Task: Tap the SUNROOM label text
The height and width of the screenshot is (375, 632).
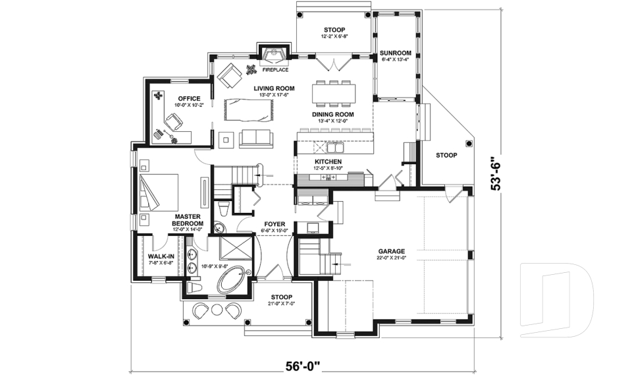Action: click(396, 53)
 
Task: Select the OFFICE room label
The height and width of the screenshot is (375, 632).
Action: click(189, 99)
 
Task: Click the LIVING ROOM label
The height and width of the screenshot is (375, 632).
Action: click(275, 88)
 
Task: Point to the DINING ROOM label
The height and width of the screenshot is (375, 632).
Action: click(332, 114)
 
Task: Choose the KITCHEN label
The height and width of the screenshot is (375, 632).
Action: click(327, 161)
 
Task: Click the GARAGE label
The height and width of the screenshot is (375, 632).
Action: click(391, 251)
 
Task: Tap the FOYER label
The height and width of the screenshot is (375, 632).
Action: click(274, 224)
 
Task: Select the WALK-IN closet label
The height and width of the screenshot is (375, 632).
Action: click(161, 256)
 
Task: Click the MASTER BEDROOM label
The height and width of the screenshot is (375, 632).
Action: click(188, 220)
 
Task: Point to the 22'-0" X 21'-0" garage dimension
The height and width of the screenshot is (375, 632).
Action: click(391, 258)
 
